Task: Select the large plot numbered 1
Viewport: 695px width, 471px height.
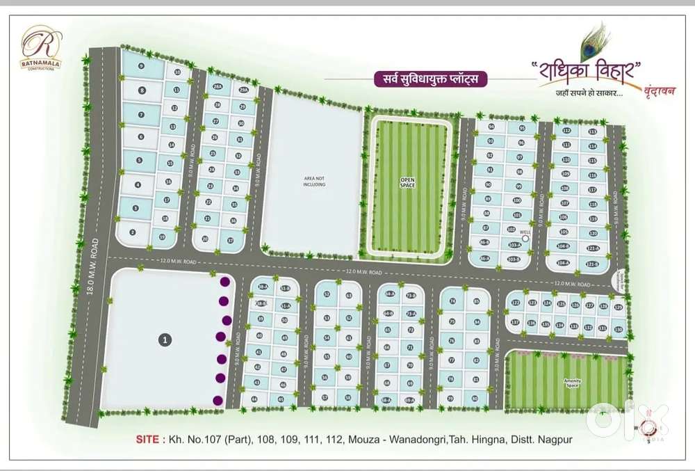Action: (x=164, y=340)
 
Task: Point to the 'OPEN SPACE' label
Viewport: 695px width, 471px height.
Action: (x=407, y=182)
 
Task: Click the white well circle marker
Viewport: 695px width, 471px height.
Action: (x=525, y=238)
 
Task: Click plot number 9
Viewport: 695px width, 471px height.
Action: (x=141, y=66)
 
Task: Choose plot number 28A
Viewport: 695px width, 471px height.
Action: (x=218, y=87)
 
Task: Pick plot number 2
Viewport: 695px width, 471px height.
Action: (x=132, y=232)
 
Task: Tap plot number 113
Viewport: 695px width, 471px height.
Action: (x=592, y=131)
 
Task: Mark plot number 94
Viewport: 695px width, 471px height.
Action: (x=491, y=127)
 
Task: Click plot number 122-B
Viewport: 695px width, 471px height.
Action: (x=593, y=264)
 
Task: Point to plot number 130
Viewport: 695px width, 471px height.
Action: (x=618, y=328)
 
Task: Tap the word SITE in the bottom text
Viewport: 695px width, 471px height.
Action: (x=145, y=440)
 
